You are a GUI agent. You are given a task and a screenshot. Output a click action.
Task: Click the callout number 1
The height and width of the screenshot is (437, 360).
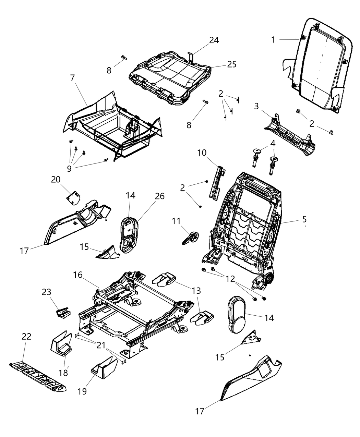pyautogui.click(x=273, y=40)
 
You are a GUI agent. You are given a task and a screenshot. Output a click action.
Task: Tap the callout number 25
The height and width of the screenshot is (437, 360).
pyautogui.click(x=232, y=64)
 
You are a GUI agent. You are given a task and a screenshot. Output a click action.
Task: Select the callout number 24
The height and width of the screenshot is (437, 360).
pyautogui.click(x=214, y=40)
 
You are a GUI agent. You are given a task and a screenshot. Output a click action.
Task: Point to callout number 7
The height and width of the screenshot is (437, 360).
pyautogui.click(x=72, y=78)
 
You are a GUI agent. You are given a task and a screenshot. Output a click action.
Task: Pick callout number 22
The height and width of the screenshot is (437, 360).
pyautogui.click(x=26, y=336)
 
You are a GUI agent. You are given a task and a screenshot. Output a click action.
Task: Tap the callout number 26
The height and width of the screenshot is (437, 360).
pyautogui.click(x=159, y=196)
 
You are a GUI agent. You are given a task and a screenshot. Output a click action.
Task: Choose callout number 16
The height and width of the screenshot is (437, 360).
pyautogui.click(x=78, y=275)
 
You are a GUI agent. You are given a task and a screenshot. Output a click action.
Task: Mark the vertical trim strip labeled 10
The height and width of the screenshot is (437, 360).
pyautogui.click(x=216, y=182)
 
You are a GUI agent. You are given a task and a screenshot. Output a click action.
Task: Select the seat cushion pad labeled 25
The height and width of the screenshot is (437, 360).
pyautogui.click(x=170, y=75)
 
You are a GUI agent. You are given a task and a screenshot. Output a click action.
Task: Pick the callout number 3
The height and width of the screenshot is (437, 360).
pyautogui.click(x=256, y=106)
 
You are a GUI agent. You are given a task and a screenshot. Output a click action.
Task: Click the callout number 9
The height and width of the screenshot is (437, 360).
pyautogui.click(x=69, y=169)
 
